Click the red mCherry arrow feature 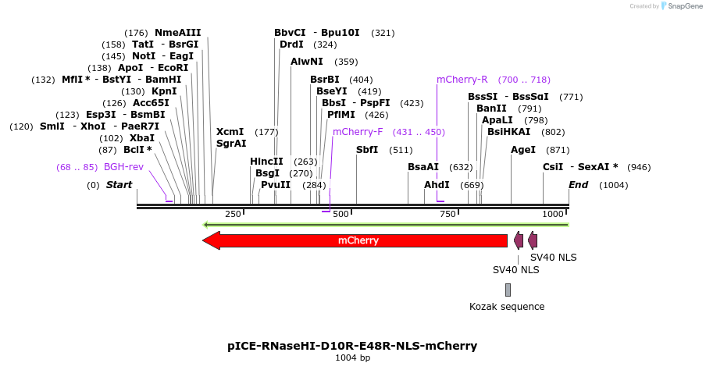tap(355, 240)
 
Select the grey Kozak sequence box tap(508, 290)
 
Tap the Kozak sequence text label tap(507, 307)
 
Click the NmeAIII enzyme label tap(177, 33)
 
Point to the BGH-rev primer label tap(123, 167)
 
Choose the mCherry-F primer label tap(358, 132)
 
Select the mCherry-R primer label tap(462, 80)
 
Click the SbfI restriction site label tap(367, 150)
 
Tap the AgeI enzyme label tap(523, 150)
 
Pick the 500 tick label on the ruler tap(341, 214)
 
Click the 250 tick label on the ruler tap(233, 214)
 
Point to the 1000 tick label tap(553, 214)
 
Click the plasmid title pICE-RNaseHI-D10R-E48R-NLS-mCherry tap(352, 346)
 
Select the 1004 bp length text tap(352, 358)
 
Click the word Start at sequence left tap(119, 185)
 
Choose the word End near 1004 tap(578, 185)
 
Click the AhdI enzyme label tap(437, 185)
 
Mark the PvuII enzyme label tap(276, 185)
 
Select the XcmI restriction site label tap(230, 132)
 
